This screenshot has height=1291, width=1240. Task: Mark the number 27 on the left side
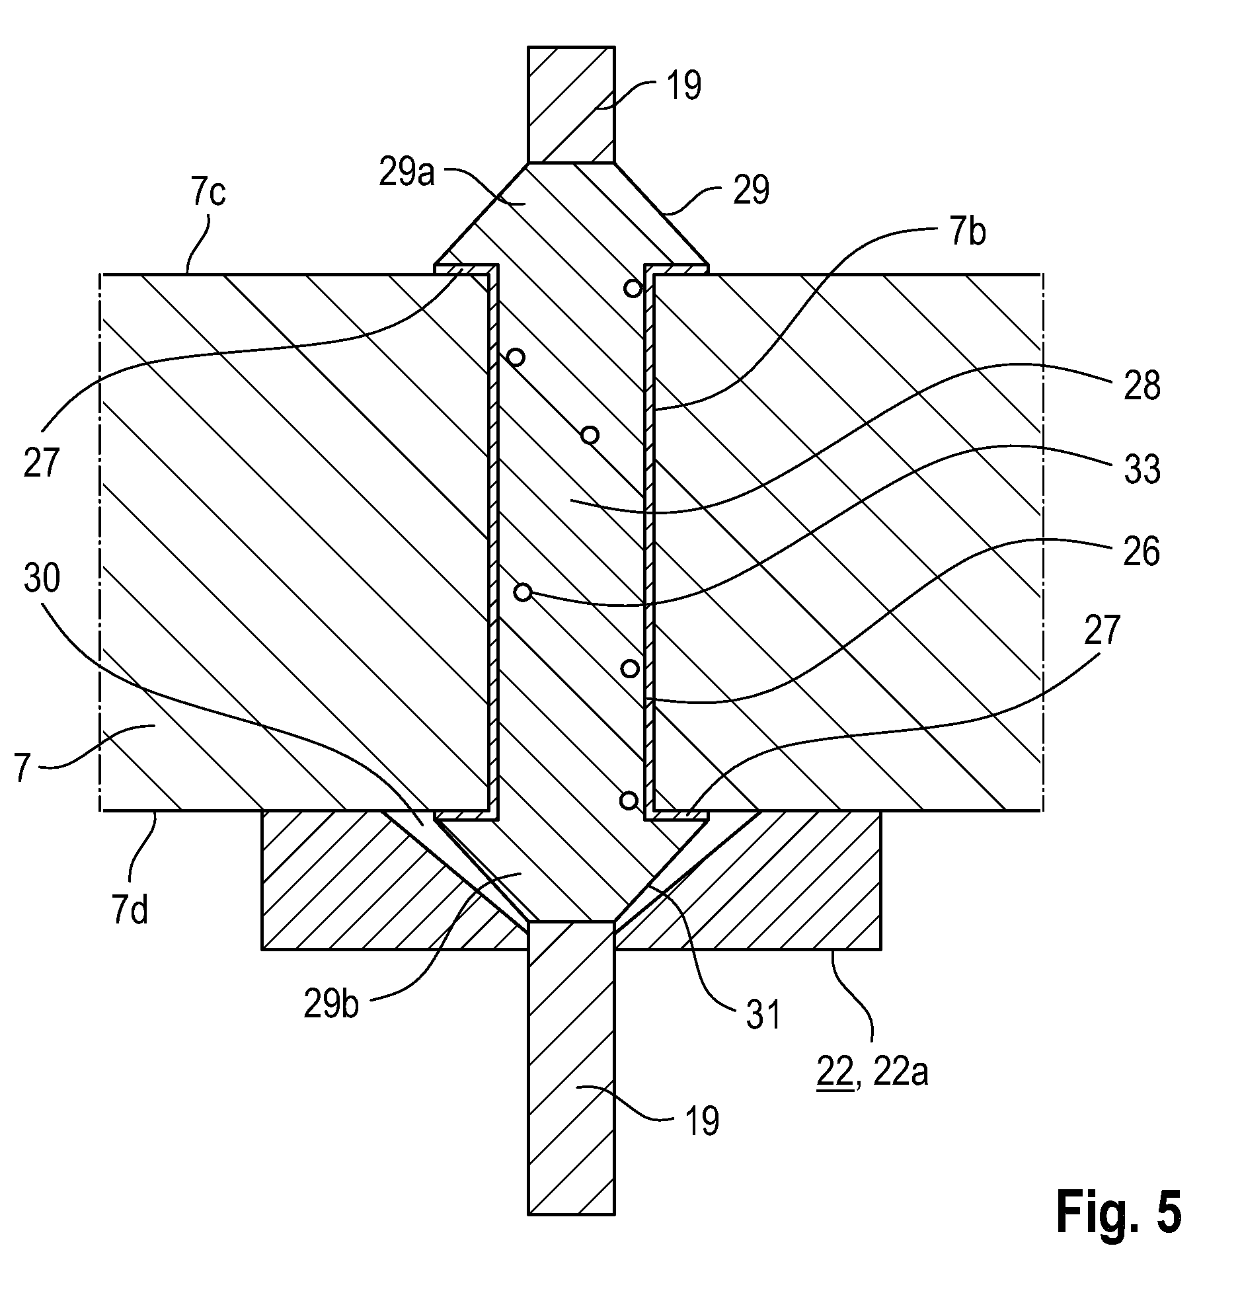click(41, 462)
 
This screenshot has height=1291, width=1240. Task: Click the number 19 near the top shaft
click(683, 85)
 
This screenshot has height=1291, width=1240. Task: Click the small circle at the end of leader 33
click(523, 592)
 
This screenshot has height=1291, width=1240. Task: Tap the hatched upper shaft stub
click(571, 104)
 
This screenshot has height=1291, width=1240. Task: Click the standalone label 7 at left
click(23, 767)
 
